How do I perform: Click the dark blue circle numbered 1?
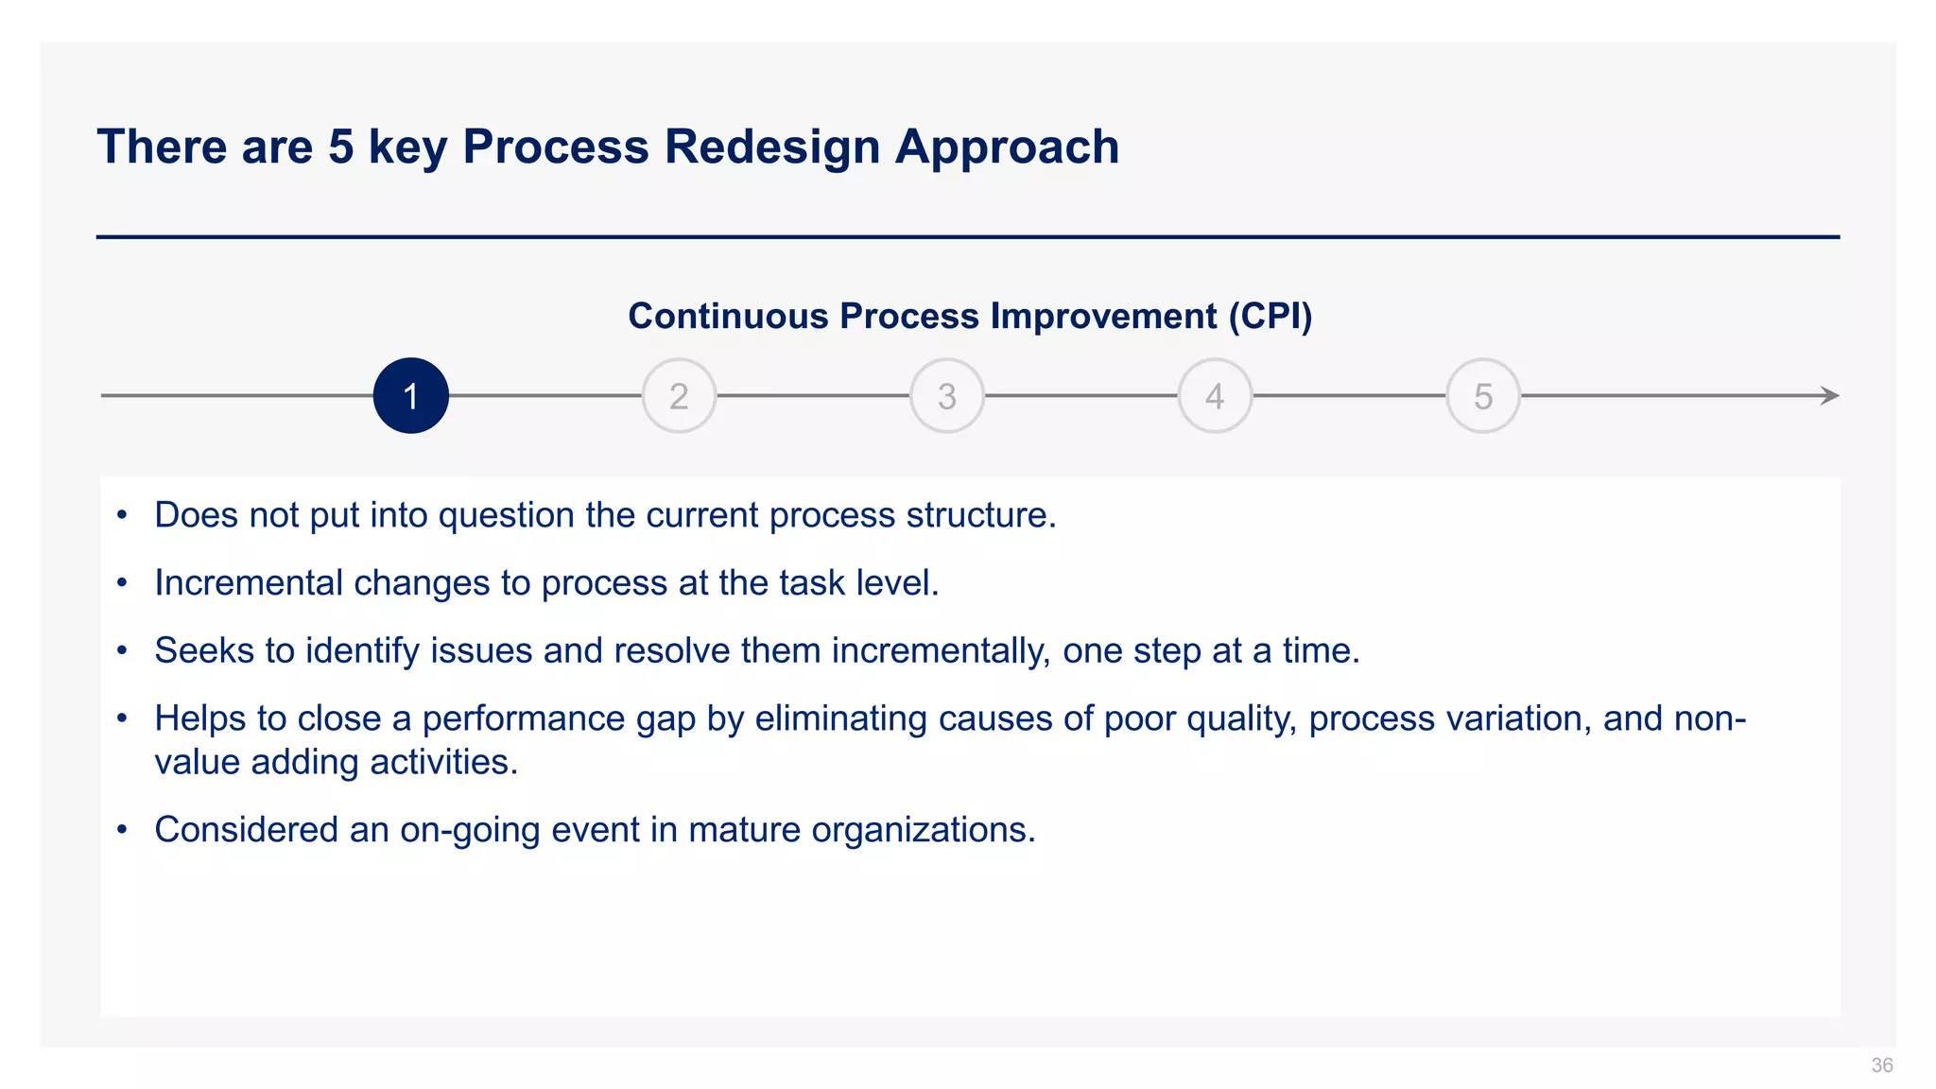pyautogui.click(x=410, y=395)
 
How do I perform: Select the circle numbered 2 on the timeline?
pyautogui.click(x=679, y=395)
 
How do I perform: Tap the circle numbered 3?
pyautogui.click(x=946, y=395)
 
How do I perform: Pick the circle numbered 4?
pyautogui.click(x=1215, y=395)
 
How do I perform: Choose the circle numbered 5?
pyautogui.click(x=1482, y=395)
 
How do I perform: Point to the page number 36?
pyautogui.click(x=1881, y=1065)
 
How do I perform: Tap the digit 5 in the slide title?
pyautogui.click(x=340, y=147)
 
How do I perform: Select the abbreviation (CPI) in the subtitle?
pyautogui.click(x=1270, y=316)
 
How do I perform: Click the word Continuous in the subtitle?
pyautogui.click(x=728, y=316)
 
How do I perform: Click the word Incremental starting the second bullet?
pyautogui.click(x=248, y=583)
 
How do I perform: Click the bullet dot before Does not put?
pyautogui.click(x=121, y=515)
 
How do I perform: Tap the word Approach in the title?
pyautogui.click(x=1007, y=147)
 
